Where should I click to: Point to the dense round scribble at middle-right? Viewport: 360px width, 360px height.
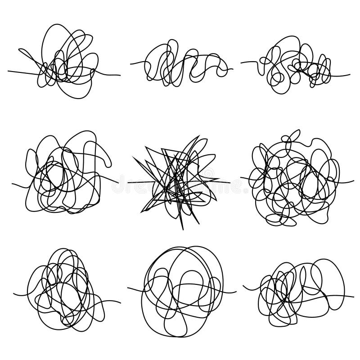tap(295, 180)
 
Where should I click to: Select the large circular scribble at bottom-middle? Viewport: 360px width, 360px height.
tap(182, 288)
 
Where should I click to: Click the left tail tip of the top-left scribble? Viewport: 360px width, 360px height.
tap(9, 71)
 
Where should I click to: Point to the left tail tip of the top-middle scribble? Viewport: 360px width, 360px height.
tap(131, 63)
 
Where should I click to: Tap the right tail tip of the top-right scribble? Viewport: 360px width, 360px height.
tap(350, 74)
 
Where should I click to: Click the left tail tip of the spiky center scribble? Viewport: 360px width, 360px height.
tap(128, 183)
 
